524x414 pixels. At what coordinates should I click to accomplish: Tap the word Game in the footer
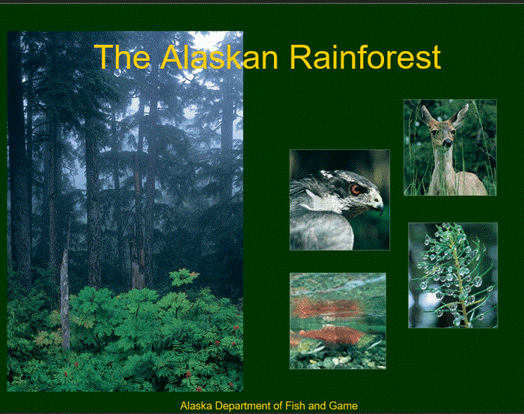click(344, 406)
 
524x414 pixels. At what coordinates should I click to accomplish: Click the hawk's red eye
click(356, 189)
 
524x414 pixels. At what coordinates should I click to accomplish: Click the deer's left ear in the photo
click(427, 114)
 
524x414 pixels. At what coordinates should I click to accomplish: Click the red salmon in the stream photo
click(329, 334)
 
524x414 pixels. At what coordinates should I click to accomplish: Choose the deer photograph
click(449, 148)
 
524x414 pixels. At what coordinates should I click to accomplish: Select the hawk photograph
click(339, 199)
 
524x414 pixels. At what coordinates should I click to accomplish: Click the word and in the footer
click(318, 406)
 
